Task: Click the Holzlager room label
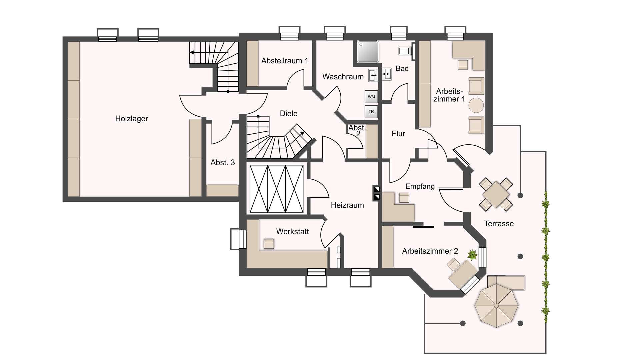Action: click(131, 119)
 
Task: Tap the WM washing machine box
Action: click(371, 97)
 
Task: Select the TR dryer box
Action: click(371, 112)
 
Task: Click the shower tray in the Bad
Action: click(368, 52)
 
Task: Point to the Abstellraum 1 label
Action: click(284, 61)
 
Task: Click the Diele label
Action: click(288, 114)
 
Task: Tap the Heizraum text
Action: click(347, 205)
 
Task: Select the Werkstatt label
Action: click(292, 231)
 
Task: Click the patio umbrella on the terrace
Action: click(496, 305)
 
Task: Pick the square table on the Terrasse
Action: click(496, 194)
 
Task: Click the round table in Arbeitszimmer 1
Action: click(476, 105)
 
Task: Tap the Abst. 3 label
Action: click(222, 163)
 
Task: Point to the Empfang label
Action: click(420, 186)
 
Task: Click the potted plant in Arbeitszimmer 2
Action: click(472, 255)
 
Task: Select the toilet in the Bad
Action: click(404, 51)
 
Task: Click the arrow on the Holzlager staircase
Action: click(192, 52)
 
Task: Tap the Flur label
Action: click(398, 134)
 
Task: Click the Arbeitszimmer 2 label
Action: click(430, 251)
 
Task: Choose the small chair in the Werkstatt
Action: click(269, 244)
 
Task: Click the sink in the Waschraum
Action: click(373, 76)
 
